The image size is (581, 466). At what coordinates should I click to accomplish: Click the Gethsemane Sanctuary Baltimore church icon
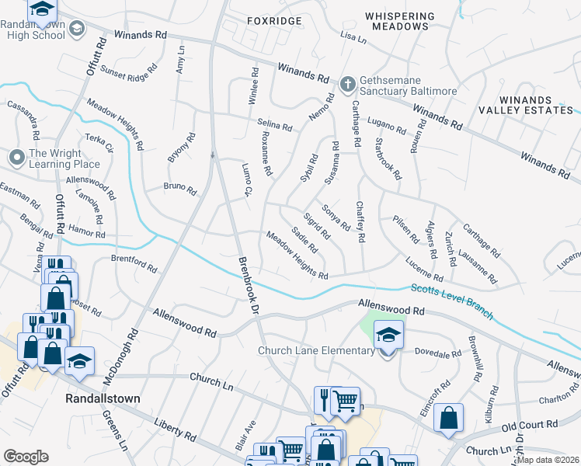tap(348, 82)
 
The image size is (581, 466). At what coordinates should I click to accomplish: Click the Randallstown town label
tap(102, 398)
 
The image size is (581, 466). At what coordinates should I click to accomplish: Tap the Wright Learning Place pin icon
tap(16, 158)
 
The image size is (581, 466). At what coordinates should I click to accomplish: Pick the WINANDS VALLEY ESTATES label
tap(536, 106)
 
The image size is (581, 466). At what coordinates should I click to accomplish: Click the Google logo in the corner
tap(26, 457)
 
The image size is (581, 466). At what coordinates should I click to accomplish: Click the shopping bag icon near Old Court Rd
tap(448, 418)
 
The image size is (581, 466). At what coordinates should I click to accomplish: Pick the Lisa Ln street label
tap(352, 37)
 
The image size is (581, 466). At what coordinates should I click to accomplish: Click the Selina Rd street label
tap(274, 125)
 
